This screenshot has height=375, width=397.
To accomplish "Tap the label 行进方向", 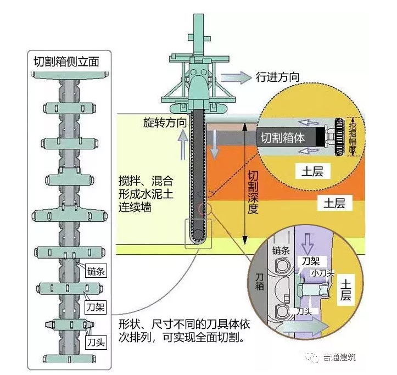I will [278, 77].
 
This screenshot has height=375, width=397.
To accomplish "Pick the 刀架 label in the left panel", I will [96, 306].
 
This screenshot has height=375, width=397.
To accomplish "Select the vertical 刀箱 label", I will [260, 282].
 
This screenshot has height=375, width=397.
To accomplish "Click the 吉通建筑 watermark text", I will [339, 357].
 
